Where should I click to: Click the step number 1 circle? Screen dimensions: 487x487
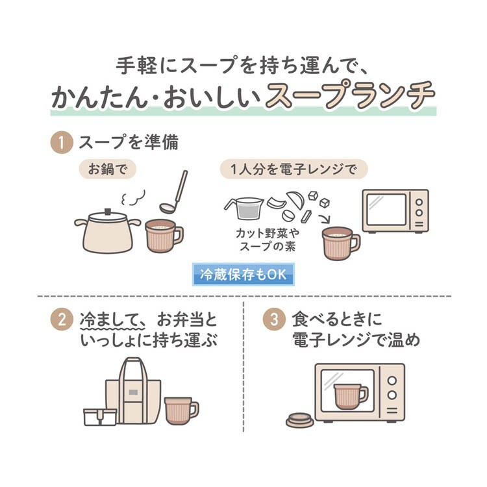point(62,142)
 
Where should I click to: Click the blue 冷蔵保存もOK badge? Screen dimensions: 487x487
point(243,274)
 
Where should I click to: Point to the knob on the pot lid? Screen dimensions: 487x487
point(108,211)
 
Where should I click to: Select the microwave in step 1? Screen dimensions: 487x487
point(395,211)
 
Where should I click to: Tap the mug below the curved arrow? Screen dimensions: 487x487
point(340,242)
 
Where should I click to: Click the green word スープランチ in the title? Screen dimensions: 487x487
point(351,96)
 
